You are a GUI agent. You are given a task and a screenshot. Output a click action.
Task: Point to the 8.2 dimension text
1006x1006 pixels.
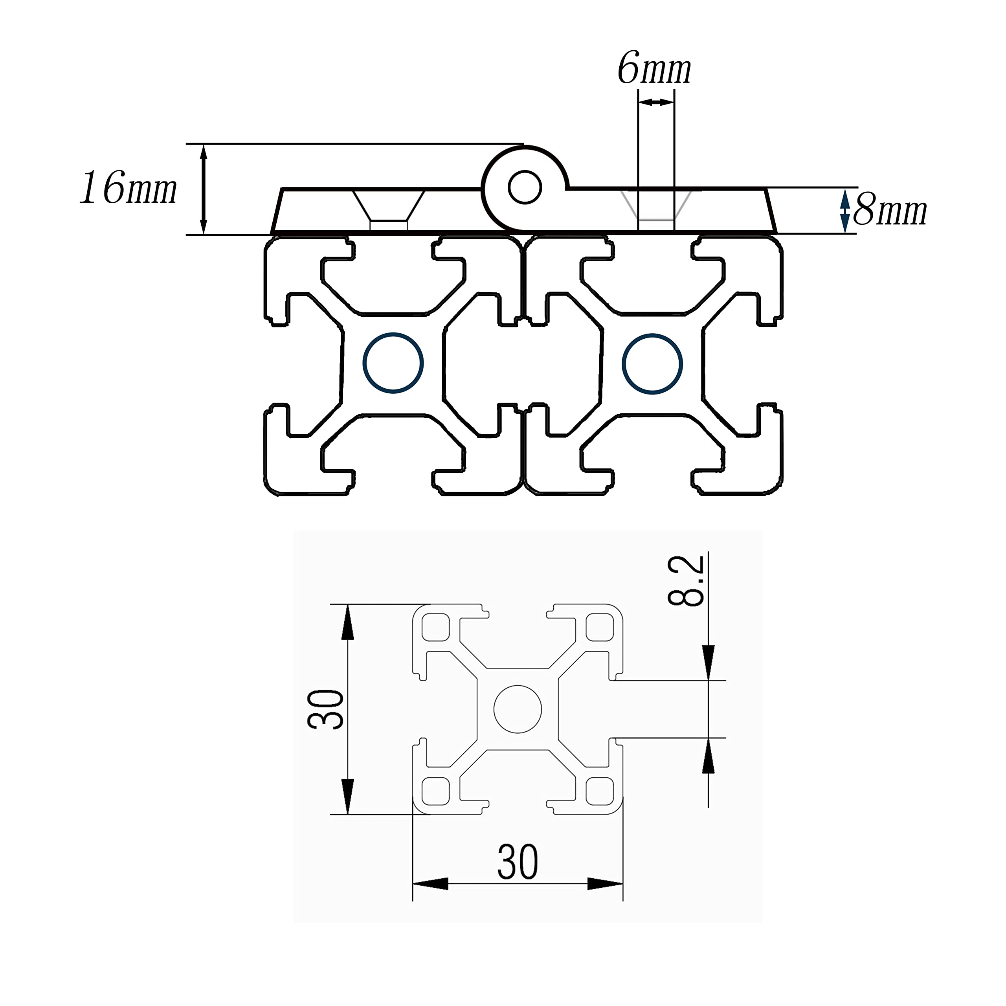(x=686, y=580)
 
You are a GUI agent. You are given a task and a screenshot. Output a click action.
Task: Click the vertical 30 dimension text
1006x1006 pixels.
(x=325, y=709)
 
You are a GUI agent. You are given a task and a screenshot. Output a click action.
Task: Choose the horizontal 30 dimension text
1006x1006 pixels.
(x=518, y=862)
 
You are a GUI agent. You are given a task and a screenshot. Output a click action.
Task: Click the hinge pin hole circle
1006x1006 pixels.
(x=525, y=187)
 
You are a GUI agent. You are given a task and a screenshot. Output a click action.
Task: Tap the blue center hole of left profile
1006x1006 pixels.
(x=393, y=363)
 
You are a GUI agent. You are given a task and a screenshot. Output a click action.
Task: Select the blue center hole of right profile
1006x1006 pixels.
(x=652, y=363)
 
